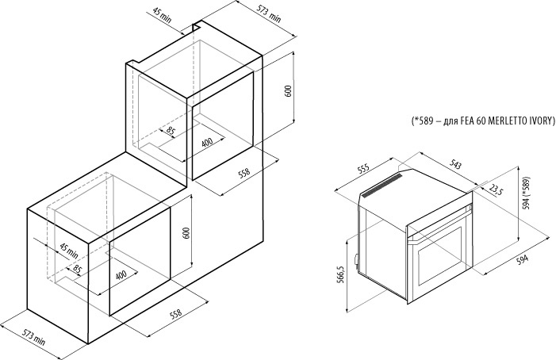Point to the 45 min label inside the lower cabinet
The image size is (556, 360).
pos(67,250)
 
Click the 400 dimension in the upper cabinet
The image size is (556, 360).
pos(207,143)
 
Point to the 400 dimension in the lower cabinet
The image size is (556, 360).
pos(121,274)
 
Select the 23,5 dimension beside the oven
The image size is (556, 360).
pos(497,190)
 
